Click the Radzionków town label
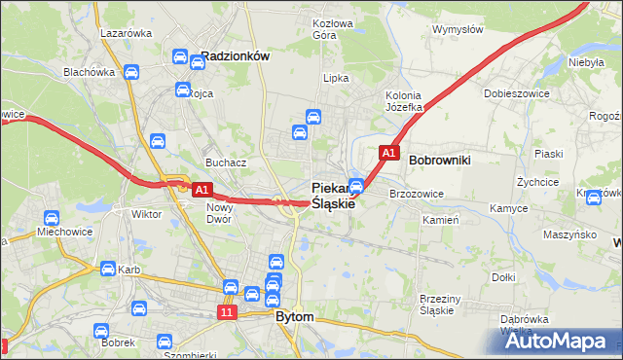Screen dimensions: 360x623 click(x=234, y=56)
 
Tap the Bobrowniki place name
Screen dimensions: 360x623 click(x=440, y=159)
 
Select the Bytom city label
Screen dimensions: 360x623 click(x=295, y=317)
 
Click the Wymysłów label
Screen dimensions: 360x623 click(x=458, y=29)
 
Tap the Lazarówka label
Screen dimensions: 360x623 click(x=126, y=32)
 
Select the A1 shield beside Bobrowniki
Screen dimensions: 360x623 click(x=388, y=154)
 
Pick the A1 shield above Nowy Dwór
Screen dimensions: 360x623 click(x=202, y=190)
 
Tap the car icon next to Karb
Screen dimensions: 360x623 click(x=107, y=270)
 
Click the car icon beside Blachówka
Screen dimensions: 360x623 click(x=131, y=72)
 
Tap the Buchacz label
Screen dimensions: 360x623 click(x=225, y=162)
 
